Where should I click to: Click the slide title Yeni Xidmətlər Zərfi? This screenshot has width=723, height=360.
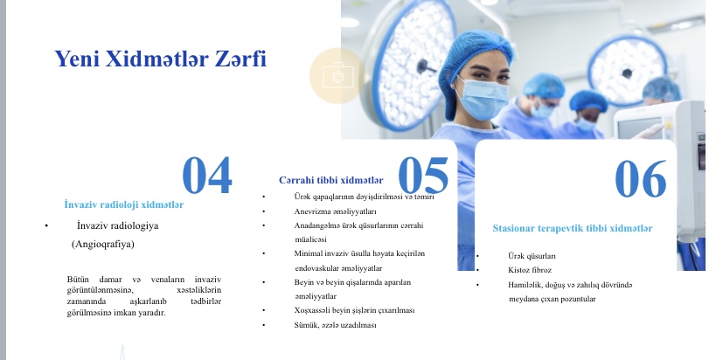click(x=161, y=59)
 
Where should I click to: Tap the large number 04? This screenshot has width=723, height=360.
click(x=207, y=175)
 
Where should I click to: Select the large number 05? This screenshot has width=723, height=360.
click(x=423, y=175)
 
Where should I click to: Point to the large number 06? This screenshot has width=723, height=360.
click(x=641, y=178)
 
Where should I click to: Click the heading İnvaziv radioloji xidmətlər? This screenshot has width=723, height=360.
click(x=123, y=204)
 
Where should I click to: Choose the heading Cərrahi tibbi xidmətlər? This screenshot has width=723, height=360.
click(x=331, y=180)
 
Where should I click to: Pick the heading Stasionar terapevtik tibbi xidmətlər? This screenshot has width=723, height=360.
click(x=573, y=228)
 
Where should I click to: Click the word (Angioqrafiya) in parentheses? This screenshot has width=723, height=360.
click(x=103, y=245)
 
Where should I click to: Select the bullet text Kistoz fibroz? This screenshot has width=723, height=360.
click(x=530, y=270)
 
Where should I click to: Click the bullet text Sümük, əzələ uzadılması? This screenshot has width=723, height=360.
click(x=335, y=325)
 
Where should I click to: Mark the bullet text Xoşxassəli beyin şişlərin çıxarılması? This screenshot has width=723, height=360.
click(x=354, y=310)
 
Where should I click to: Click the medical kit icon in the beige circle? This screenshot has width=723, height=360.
click(x=338, y=76)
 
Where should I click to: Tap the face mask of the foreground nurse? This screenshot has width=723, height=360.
click(x=483, y=99)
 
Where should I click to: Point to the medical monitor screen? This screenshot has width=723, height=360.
click(x=640, y=128)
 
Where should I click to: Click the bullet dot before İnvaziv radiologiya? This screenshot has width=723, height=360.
click(x=46, y=225)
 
